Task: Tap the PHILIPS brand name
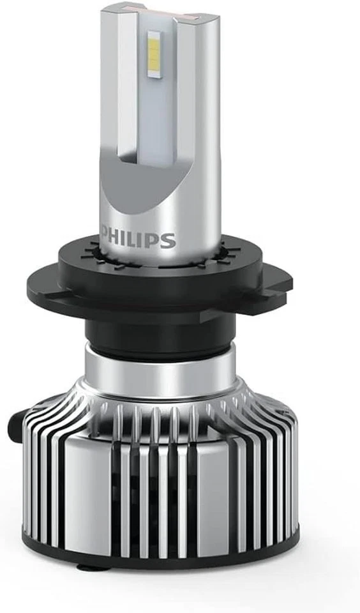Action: [137, 240]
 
